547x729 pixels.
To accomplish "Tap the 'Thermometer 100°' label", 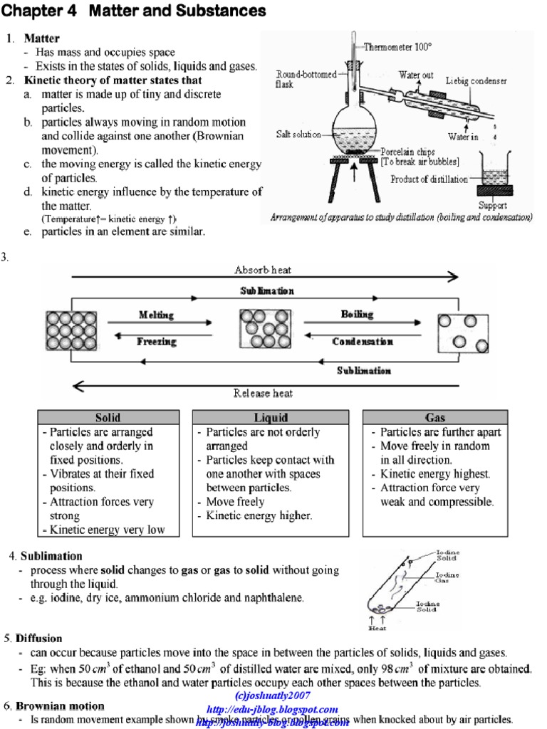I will [x=398, y=47].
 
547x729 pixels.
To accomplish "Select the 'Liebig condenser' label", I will [x=476, y=81].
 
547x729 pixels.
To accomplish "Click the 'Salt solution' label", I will [x=298, y=134].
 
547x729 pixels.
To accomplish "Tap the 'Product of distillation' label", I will [x=429, y=179].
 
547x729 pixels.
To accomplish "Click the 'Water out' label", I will [x=416, y=75].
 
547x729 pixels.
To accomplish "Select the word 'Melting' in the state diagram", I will [x=156, y=315].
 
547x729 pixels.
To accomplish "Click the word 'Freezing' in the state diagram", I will [x=157, y=342].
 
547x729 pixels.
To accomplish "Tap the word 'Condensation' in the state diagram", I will [x=363, y=342].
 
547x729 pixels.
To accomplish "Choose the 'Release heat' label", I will [x=263, y=393].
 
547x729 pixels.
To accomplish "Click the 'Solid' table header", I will [x=108, y=418].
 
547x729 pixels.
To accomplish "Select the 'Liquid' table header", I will [x=271, y=418].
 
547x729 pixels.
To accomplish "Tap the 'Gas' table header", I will [x=434, y=418].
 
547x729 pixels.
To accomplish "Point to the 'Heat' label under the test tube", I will [x=377, y=629].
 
